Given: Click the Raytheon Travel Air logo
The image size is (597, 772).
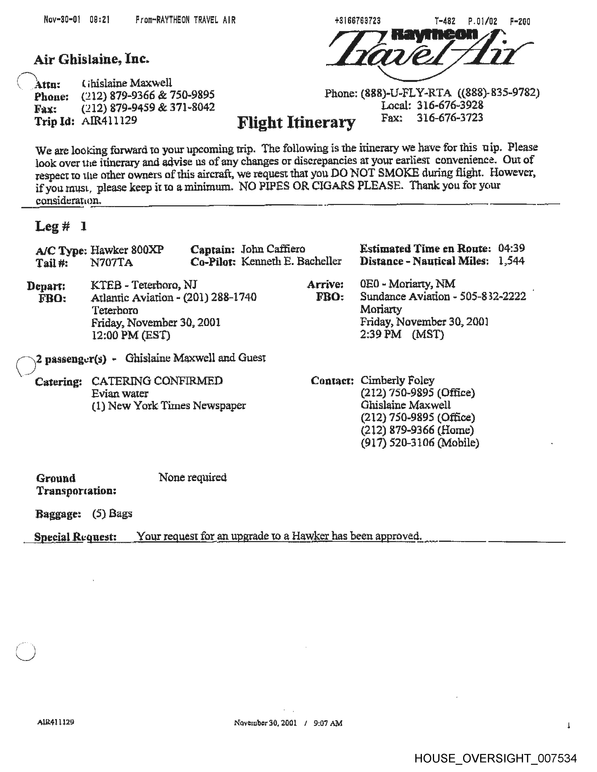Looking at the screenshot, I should (x=429, y=53).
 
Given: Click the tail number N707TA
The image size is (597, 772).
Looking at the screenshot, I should (x=111, y=263).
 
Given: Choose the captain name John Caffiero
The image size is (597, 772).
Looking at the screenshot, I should (x=273, y=249).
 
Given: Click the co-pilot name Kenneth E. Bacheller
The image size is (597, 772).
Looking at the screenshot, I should (x=291, y=262).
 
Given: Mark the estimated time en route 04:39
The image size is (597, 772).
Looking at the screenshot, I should (x=511, y=248).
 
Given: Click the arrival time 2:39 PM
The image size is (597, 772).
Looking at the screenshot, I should (x=380, y=334).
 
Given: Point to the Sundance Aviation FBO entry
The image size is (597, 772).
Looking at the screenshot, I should (x=443, y=296).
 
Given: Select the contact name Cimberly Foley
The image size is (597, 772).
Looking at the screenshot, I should (x=397, y=380).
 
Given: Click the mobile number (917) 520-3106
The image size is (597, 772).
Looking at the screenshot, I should (x=420, y=443).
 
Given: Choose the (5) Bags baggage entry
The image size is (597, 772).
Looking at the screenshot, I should (x=112, y=513).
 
